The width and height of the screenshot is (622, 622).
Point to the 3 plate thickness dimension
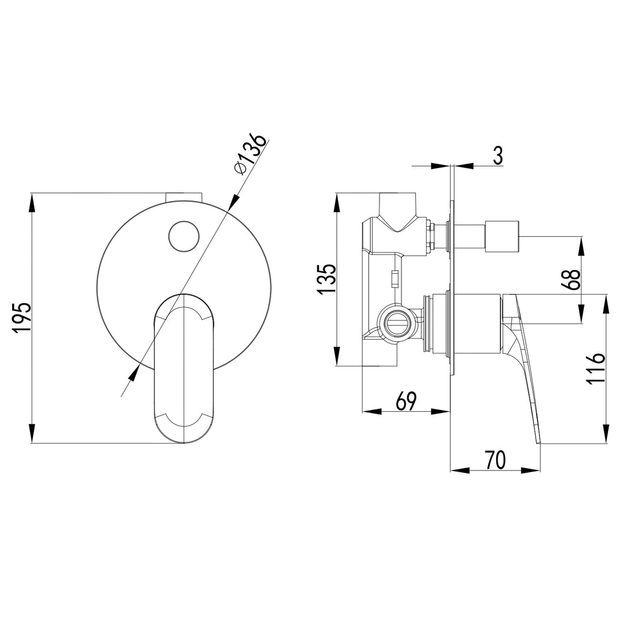(x=498, y=155)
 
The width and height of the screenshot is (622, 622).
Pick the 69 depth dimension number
(x=406, y=401)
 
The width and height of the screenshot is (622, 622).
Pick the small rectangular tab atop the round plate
(x=184, y=196)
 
